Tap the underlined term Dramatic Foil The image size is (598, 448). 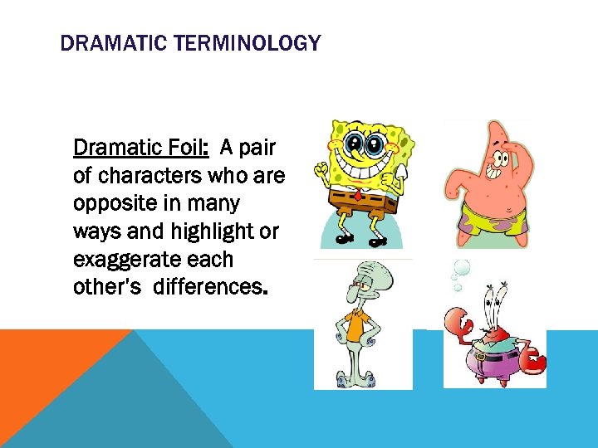coord(140,148)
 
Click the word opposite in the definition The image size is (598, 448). coord(113,203)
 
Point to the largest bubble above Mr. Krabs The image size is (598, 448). coord(461,268)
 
